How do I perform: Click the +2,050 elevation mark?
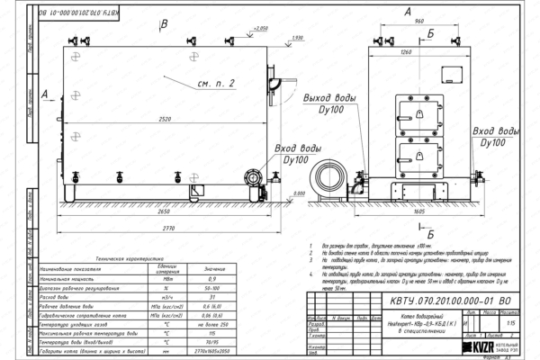coord(261,29)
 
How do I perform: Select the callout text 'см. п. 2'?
coord(217,82)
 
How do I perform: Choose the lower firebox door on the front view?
coord(419,153)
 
